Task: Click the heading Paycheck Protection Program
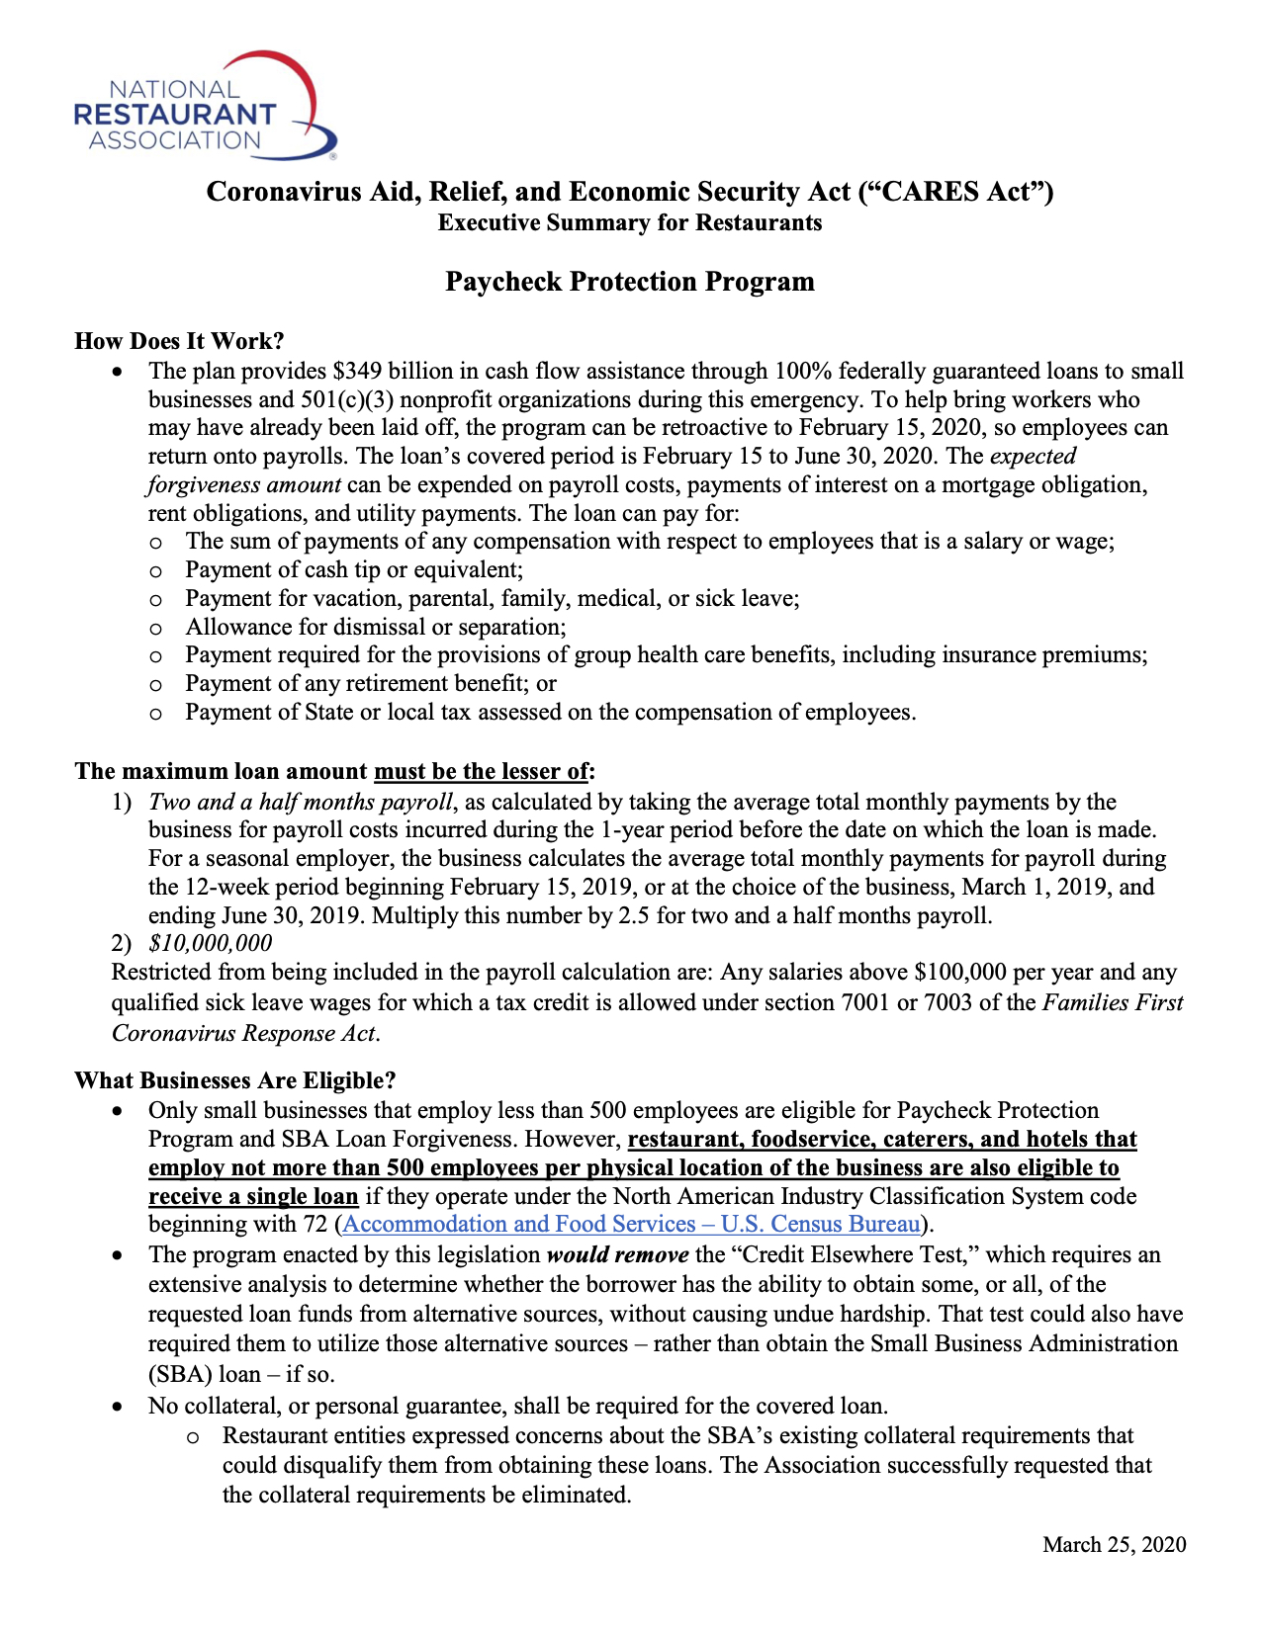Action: pyautogui.click(x=629, y=282)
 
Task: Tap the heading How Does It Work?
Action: pyautogui.click(x=179, y=341)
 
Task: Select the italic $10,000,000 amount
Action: pyautogui.click(x=210, y=944)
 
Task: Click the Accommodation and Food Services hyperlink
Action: pyautogui.click(x=632, y=1225)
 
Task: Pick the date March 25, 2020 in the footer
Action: pyautogui.click(x=1114, y=1545)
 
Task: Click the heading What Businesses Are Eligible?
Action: pyautogui.click(x=234, y=1080)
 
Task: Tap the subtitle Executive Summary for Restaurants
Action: pyautogui.click(x=629, y=222)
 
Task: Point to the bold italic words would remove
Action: pyautogui.click(x=617, y=1255)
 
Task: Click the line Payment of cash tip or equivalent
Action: pyautogui.click(x=354, y=570)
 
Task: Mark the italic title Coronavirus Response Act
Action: pyautogui.click(x=244, y=1034)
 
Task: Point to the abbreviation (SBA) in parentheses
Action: pyautogui.click(x=177, y=1375)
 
